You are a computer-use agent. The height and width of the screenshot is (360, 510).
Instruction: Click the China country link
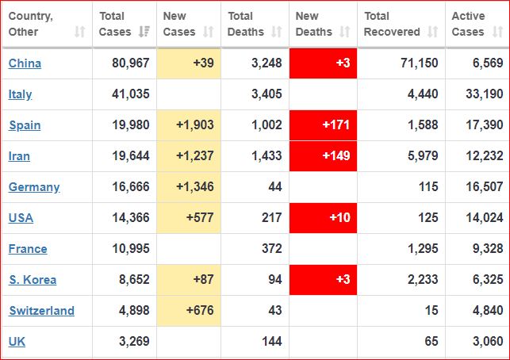25,63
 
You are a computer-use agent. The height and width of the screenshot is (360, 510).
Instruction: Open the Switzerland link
41,311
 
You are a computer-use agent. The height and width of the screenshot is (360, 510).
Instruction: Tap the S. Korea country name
33,280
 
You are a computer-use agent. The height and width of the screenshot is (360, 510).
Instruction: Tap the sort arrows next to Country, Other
79,33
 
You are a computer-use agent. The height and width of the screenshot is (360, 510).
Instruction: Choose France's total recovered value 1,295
420,249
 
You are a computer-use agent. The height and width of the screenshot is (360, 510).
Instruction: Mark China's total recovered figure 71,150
417,63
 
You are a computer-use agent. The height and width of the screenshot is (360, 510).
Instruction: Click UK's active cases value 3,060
485,342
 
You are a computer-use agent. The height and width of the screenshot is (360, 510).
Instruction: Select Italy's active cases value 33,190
482,94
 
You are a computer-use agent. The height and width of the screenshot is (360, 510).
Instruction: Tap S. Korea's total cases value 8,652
127,280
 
